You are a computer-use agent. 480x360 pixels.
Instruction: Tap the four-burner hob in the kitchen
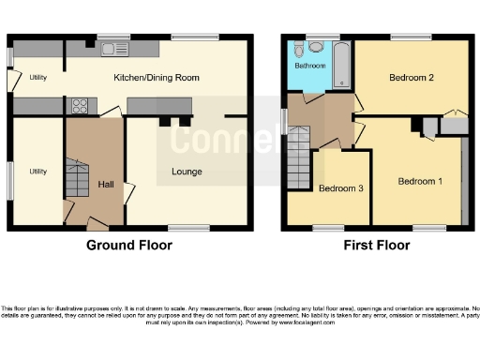(x=77, y=106)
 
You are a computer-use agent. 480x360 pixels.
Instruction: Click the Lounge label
(x=187, y=172)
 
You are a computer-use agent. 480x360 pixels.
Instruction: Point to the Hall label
(x=106, y=185)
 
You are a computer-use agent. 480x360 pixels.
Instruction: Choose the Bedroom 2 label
(x=410, y=78)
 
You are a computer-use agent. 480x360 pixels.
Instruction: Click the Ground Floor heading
(x=128, y=246)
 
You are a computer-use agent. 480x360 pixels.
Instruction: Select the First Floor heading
(x=378, y=246)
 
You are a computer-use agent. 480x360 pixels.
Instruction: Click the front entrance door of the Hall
(x=96, y=224)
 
